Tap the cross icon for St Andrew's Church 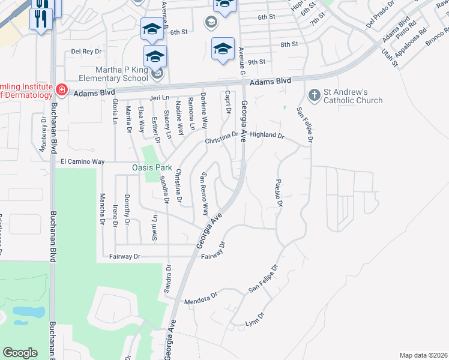(x=313, y=95)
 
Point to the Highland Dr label (x=267, y=136)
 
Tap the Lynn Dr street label (x=255, y=320)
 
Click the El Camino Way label (x=83, y=162)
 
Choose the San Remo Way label (x=204, y=194)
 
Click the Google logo (x=20, y=353)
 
